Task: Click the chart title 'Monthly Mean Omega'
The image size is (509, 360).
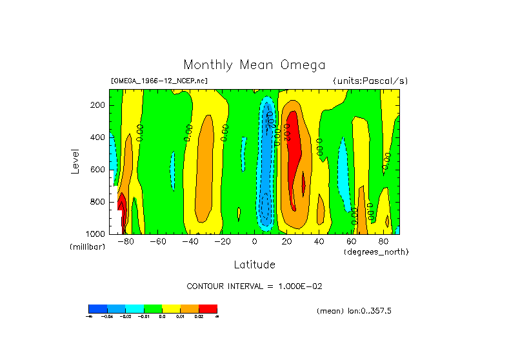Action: (254, 65)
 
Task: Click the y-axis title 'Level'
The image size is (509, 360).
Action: (75, 161)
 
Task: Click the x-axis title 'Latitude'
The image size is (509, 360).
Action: (254, 265)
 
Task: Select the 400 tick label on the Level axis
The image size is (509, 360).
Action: (99, 137)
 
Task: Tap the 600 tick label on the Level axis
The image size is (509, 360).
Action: (99, 170)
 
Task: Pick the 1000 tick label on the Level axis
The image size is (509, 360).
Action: (97, 234)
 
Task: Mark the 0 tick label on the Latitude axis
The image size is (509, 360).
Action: (254, 242)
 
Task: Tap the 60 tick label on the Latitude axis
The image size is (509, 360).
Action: (351, 242)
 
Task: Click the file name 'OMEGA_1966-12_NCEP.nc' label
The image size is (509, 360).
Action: (159, 81)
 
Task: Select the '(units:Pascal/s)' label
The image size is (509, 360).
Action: (370, 81)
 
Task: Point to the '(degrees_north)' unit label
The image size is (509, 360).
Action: (376, 252)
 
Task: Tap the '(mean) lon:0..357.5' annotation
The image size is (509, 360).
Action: (354, 311)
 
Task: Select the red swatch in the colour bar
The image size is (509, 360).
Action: (208, 308)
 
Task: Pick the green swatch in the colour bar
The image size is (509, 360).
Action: (153, 308)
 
